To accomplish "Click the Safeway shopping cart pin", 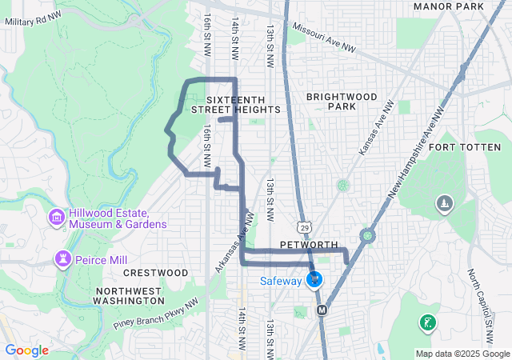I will pos(314,280).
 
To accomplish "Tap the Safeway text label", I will pos(280,281).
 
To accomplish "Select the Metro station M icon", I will pos(322,310).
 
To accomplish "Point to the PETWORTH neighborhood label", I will pos(310,244).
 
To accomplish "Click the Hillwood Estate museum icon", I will pos(56,218).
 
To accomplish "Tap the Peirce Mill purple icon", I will pos(62,258).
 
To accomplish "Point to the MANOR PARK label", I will pos(449,6).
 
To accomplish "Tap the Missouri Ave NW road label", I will pos(323,37).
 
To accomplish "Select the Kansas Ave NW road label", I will pos(377,127).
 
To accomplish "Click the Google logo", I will pos(27,350).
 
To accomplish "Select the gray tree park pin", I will pos(443,205).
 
